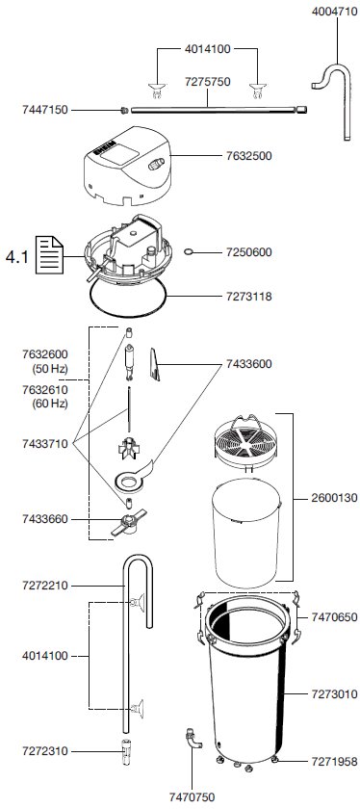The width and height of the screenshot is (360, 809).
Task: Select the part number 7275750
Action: point(208,82)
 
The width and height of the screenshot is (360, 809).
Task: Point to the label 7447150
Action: point(45,110)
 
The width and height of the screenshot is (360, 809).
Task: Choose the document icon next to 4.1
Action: point(49,254)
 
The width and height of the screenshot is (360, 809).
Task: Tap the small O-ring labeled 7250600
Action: point(190,251)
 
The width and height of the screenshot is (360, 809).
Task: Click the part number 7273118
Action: point(248,297)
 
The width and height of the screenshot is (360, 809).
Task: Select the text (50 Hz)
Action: point(50,368)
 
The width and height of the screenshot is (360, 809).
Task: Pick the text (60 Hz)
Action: point(50,403)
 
